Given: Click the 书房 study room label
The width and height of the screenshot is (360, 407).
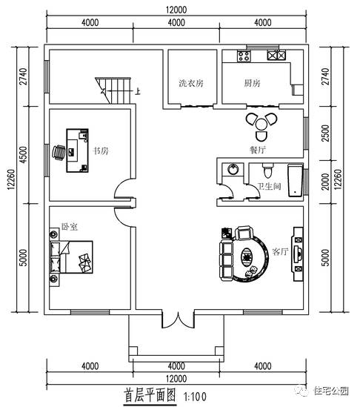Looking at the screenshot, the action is [101, 150].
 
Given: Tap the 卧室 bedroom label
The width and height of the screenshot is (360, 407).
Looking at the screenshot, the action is [69, 227].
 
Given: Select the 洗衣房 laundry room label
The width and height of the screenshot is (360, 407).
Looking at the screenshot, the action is [191, 83].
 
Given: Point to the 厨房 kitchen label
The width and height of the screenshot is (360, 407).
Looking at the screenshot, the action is [252, 83].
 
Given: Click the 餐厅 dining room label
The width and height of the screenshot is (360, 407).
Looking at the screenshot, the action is [258, 150].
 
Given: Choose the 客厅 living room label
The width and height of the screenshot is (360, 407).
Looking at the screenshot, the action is [280, 251].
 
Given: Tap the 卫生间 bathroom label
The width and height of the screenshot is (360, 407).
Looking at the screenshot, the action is [269, 186].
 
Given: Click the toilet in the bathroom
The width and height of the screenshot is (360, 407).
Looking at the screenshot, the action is [267, 171].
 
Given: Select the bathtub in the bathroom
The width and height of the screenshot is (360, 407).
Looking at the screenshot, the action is [295, 180].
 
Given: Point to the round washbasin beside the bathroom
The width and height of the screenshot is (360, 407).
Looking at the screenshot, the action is [233, 169].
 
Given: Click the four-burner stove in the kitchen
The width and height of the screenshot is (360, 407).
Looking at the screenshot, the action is [244, 56].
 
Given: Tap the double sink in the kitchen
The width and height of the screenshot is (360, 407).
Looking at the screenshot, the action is [276, 56].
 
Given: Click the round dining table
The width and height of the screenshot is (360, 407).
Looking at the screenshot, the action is [261, 125].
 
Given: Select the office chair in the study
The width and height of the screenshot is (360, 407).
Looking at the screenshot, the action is [59, 152].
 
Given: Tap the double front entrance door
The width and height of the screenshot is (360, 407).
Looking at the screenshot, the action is [179, 319].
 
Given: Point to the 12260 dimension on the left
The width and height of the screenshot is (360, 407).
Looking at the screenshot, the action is [12, 179].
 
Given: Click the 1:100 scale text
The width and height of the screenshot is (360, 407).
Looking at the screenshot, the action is [195, 397].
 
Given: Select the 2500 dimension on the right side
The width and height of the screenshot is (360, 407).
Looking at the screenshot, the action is [325, 133].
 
